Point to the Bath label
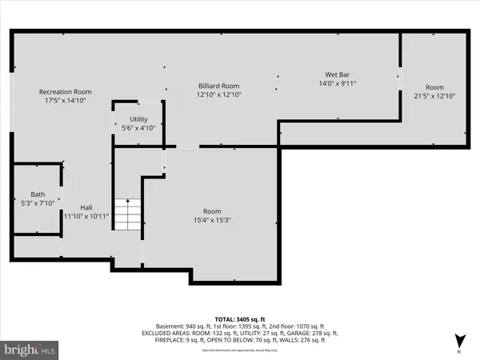pos(38,194)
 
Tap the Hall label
pos(85,206)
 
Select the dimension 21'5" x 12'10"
pos(434,96)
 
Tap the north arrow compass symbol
pos(458,340)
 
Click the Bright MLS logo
pos(30,349)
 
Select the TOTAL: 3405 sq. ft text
pos(239,318)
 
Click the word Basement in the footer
pos(170,326)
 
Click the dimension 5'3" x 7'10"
pos(38,204)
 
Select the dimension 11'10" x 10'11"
pos(85,216)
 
